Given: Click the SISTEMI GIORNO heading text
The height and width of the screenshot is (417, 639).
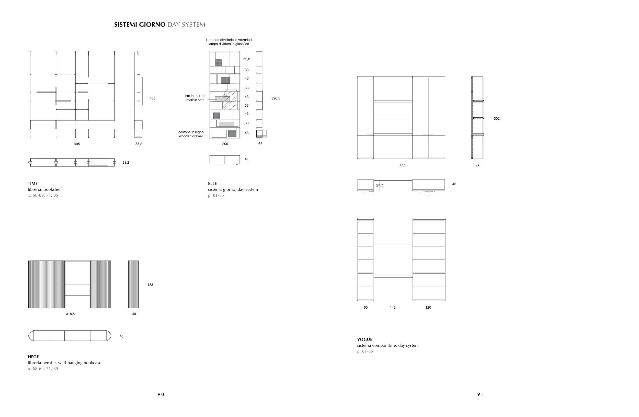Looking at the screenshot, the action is [x=140, y=25].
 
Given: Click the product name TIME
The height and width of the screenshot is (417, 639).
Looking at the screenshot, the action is [x=33, y=184].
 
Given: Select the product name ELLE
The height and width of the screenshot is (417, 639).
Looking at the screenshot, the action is [x=212, y=184].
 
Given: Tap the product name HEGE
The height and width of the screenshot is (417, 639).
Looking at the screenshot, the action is [x=33, y=357].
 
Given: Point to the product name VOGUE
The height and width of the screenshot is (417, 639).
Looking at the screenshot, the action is [x=364, y=339].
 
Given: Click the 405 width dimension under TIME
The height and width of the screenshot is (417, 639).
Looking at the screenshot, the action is [x=77, y=144].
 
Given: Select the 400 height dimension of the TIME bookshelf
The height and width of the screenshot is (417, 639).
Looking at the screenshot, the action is [x=153, y=98].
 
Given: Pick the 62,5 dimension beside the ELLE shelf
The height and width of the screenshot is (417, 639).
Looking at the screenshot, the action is [x=246, y=59].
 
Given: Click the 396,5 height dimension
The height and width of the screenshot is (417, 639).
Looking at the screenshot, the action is [x=276, y=98].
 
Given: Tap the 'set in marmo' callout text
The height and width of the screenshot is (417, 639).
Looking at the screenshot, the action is [x=195, y=96].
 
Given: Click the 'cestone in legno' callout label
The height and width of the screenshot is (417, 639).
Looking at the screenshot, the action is [x=191, y=132].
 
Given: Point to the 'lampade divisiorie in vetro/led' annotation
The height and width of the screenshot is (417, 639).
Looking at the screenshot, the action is [x=229, y=40].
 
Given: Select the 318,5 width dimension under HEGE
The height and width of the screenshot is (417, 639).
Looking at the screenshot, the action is [x=70, y=314].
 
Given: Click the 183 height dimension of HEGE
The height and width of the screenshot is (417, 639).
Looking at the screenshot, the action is [x=150, y=285].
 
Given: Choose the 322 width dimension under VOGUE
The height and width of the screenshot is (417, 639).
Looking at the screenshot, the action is [x=402, y=166].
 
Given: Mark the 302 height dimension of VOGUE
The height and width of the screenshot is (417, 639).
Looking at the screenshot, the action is [x=497, y=119].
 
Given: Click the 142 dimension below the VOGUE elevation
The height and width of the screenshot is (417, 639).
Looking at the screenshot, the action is [x=393, y=308].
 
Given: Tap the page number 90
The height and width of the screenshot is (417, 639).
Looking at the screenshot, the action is [x=161, y=395].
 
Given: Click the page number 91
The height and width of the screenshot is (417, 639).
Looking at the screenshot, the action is [x=480, y=395].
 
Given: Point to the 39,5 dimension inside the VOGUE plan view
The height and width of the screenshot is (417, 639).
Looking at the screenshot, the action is [x=380, y=186].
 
